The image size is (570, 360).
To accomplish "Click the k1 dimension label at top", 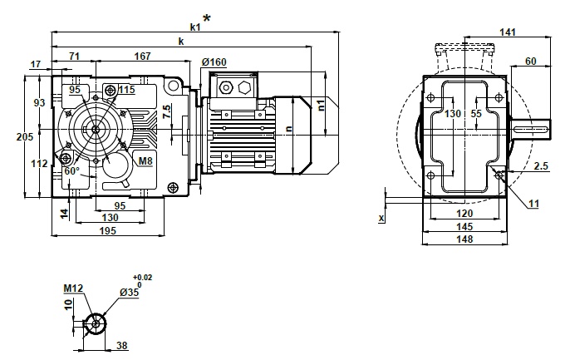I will [x=195, y=27].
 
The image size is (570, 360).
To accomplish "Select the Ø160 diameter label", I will [x=214, y=62].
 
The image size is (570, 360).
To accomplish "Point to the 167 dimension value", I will [x=142, y=57].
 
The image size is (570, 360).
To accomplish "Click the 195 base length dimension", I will [x=109, y=230].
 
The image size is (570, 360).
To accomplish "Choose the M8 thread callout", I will [x=145, y=160].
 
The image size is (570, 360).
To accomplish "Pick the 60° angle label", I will [x=71, y=170].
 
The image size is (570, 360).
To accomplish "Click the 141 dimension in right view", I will [x=508, y=32].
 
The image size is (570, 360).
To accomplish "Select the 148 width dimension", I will [x=464, y=239].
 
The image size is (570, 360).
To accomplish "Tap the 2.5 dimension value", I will [x=541, y=166].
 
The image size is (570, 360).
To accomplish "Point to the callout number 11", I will [x=534, y=202].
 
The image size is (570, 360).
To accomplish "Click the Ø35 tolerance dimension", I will [x=130, y=293].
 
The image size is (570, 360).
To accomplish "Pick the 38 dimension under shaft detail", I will [x=121, y=345].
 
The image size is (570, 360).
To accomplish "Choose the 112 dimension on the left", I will [x=39, y=164].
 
